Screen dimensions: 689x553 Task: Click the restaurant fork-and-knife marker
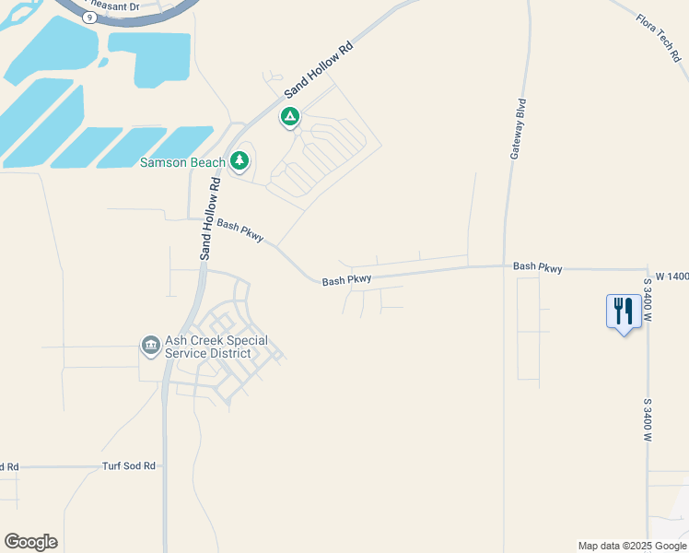pyautogui.click(x=624, y=312)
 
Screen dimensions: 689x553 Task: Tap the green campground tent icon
pyautogui.click(x=290, y=117)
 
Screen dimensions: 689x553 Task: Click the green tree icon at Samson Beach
pyautogui.click(x=239, y=161)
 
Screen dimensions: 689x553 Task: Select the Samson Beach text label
pyautogui.click(x=182, y=163)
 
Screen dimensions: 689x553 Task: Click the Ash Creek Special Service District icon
pyautogui.click(x=150, y=346)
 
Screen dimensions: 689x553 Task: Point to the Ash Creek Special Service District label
pyautogui.click(x=216, y=347)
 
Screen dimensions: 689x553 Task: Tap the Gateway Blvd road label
pyautogui.click(x=519, y=128)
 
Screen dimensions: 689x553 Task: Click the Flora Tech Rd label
pyautogui.click(x=659, y=37)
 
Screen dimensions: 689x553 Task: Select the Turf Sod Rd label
pyautogui.click(x=128, y=466)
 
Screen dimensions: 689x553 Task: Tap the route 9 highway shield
pyautogui.click(x=88, y=17)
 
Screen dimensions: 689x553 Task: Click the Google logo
pyautogui.click(x=30, y=541)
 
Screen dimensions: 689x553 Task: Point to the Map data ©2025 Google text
pyautogui.click(x=632, y=546)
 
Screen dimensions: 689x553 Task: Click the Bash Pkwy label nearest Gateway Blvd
pyautogui.click(x=538, y=266)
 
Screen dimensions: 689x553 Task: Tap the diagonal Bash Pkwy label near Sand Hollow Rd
pyautogui.click(x=240, y=230)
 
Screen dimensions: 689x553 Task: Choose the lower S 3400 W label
pyautogui.click(x=648, y=419)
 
